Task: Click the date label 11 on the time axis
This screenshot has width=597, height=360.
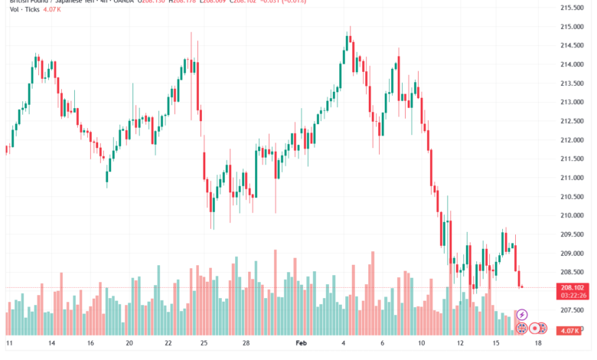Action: (9, 344)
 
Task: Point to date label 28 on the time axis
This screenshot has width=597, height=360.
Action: (246, 344)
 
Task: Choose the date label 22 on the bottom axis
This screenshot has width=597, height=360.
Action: (168, 344)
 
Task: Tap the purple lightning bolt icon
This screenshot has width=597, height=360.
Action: (523, 315)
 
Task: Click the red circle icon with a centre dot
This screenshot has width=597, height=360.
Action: (535, 328)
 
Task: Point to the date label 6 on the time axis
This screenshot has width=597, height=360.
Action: (383, 344)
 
